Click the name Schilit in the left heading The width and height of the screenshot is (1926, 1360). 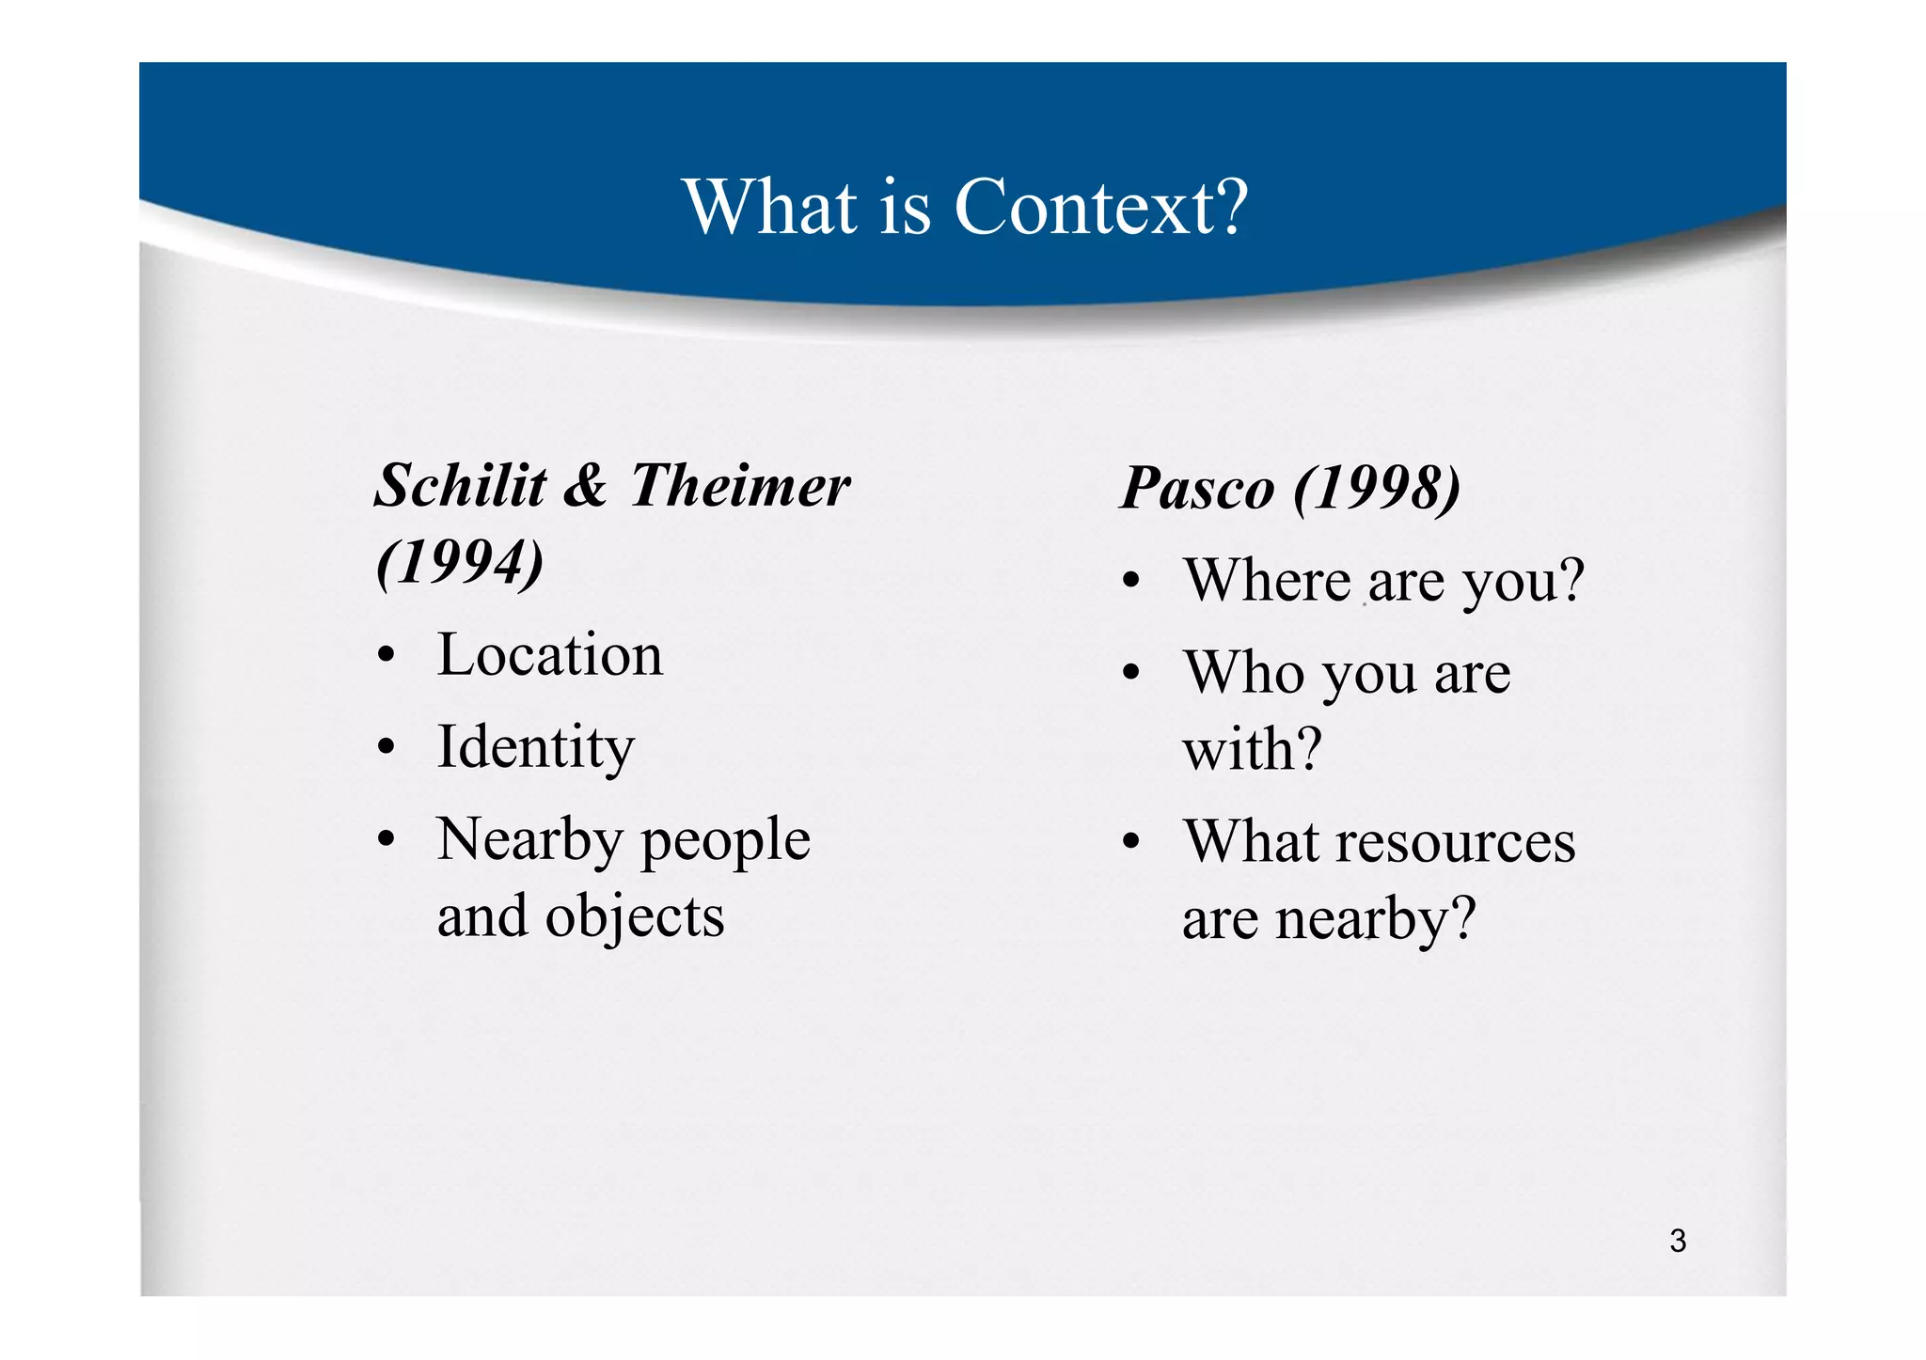click(461, 486)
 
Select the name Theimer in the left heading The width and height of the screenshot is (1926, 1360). click(740, 486)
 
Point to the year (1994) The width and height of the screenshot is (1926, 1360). click(460, 563)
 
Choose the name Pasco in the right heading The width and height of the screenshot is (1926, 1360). click(1197, 489)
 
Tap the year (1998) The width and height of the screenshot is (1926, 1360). click(1377, 489)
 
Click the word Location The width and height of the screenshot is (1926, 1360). click(550, 654)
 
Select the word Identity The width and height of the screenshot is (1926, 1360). click(536, 747)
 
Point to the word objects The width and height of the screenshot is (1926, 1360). click(635, 916)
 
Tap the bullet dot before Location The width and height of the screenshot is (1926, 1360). click(385, 657)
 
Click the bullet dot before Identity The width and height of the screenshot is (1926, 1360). click(385, 749)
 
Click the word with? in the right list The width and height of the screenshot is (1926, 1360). click(1252, 749)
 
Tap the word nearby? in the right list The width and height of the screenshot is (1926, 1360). click(1375, 918)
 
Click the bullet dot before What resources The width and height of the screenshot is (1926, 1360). click(1131, 843)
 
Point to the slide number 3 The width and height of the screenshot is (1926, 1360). click(1678, 1242)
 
